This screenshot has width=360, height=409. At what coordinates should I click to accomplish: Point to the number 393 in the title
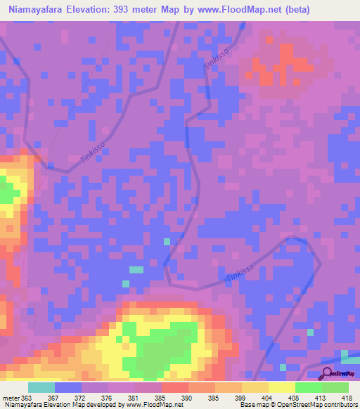tap(124, 9)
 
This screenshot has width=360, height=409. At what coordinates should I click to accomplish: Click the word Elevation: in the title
tap(89, 9)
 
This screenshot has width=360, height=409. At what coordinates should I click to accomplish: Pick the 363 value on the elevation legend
tap(27, 397)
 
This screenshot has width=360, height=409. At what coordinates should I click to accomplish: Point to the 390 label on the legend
tap(188, 397)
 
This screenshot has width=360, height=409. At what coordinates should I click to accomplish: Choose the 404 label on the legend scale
tap(268, 397)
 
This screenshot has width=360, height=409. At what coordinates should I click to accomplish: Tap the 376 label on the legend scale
tap(108, 397)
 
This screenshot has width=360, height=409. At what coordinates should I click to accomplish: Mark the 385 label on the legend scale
tap(161, 397)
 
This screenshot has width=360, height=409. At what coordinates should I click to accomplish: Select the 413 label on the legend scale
tap(321, 397)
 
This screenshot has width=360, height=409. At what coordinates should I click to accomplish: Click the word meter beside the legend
tap(11, 397)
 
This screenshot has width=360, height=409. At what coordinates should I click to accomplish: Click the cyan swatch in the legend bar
tap(41, 387)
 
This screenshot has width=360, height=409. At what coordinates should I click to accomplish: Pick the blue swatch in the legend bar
tap(67, 387)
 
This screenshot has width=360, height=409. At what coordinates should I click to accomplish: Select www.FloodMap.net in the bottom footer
tap(145, 405)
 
